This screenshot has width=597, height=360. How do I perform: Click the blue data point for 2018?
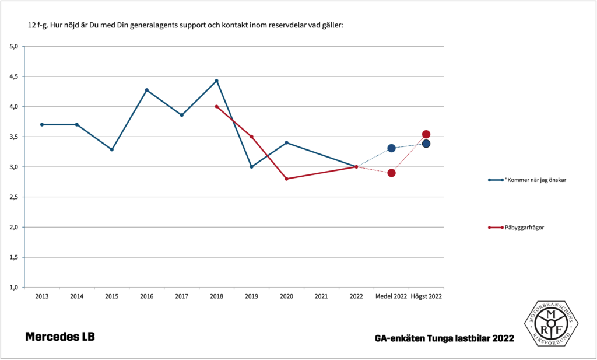click(x=216, y=81)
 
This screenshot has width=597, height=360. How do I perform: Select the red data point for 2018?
click(x=216, y=106)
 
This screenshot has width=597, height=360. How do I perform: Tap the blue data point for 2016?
click(x=146, y=90)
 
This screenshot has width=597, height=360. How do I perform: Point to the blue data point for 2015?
click(x=111, y=149)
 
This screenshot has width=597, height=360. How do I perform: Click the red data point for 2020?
click(x=286, y=179)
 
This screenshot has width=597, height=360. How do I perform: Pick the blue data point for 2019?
click(x=251, y=167)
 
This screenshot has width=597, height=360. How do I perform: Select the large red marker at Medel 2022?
click(x=391, y=173)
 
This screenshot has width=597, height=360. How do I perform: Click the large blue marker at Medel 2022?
click(x=391, y=148)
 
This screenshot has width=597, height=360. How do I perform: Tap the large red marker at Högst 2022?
click(x=426, y=135)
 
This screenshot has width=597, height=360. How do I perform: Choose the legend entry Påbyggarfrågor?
click(x=524, y=227)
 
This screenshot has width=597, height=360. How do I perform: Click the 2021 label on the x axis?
click(x=321, y=296)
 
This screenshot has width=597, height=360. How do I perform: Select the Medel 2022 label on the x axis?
click(x=391, y=296)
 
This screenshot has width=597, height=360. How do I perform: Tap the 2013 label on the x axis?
click(x=41, y=296)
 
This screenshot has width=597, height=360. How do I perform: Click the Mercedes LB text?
click(x=59, y=337)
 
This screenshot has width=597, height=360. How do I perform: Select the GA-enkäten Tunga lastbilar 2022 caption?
click(x=445, y=338)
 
